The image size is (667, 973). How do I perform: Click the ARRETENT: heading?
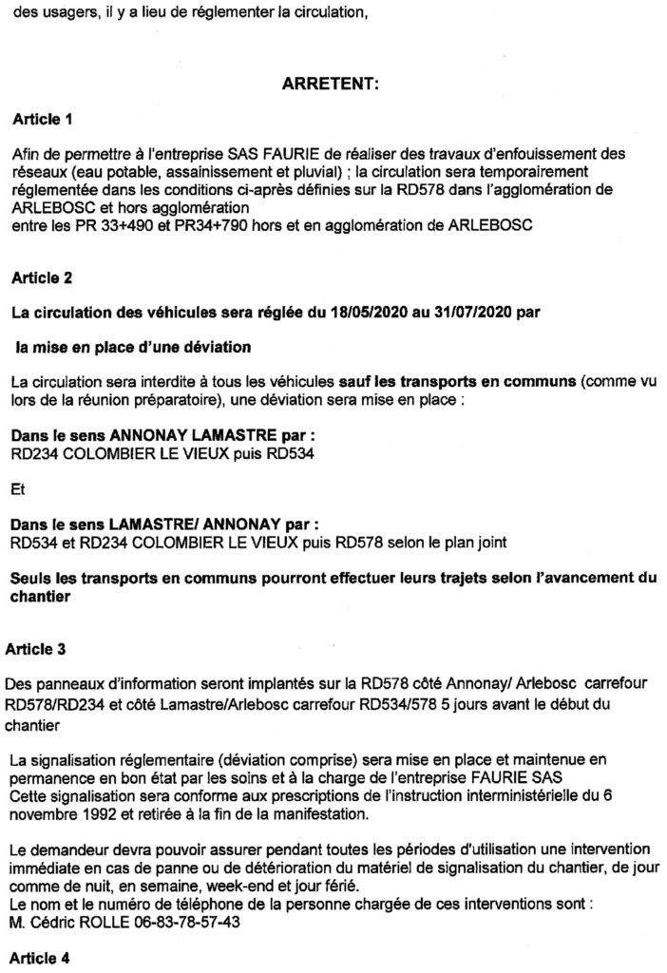pos(332,86)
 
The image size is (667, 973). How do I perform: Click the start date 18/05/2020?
pos(407,313)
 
